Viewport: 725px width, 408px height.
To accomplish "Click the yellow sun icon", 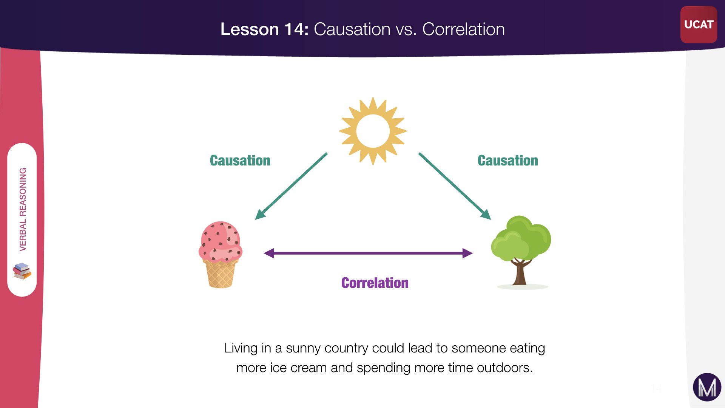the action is tap(373, 131).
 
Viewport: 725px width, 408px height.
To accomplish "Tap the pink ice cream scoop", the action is tap(221, 242).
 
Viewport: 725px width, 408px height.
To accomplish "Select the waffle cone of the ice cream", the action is tap(221, 274).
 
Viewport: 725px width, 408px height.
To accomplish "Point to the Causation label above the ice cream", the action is tap(240, 161).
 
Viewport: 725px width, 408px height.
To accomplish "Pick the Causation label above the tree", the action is tap(507, 161).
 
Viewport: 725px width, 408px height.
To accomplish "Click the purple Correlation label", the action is tap(375, 283).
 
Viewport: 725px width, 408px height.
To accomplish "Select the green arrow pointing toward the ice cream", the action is tap(291, 186).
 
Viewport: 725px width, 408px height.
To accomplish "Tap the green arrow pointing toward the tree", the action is tap(455, 186).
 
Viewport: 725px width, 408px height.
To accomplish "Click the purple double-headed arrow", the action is tap(368, 253).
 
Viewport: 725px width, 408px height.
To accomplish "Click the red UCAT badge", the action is tap(699, 25).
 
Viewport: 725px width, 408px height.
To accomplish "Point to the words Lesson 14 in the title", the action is tap(264, 29).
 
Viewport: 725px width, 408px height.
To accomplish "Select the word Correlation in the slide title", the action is tap(463, 29).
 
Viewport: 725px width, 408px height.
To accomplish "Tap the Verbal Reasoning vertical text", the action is tap(23, 209).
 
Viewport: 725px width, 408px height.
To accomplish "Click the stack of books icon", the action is tap(22, 271).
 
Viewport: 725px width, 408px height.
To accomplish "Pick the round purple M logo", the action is tap(707, 387).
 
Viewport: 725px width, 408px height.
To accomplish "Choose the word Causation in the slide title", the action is tap(352, 29).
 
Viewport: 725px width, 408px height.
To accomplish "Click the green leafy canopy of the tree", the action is tap(521, 238).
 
